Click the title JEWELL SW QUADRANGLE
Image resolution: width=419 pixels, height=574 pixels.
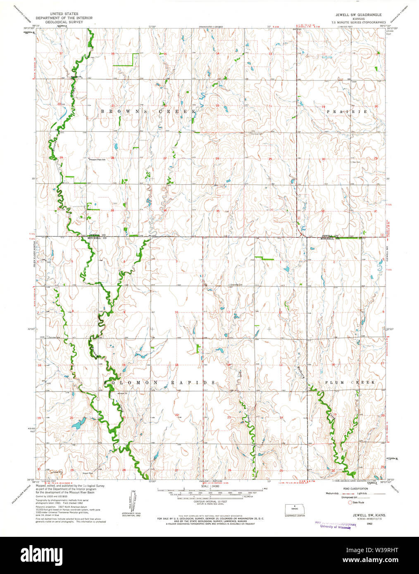[x=355, y=14]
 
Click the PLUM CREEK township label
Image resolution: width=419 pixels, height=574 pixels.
[x=350, y=382]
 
